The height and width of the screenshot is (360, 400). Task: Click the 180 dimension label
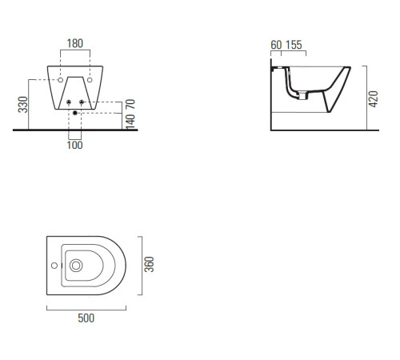pyautogui.click(x=75, y=43)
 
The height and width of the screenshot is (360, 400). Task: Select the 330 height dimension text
pyautogui.click(x=23, y=105)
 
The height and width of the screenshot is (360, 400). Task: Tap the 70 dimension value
pyautogui.click(x=130, y=104)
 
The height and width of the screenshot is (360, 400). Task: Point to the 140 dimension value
pyautogui.click(x=130, y=122)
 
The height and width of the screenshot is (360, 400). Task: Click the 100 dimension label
pyautogui.click(x=74, y=146)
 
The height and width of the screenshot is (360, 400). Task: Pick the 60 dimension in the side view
pyautogui.click(x=276, y=45)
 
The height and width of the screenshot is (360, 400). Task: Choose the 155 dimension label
pyautogui.click(x=294, y=45)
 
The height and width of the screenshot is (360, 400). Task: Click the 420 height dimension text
pyautogui.click(x=374, y=99)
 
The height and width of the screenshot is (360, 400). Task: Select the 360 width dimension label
pyautogui.click(x=149, y=264)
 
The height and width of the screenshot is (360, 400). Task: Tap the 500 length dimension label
pyautogui.click(x=86, y=318)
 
